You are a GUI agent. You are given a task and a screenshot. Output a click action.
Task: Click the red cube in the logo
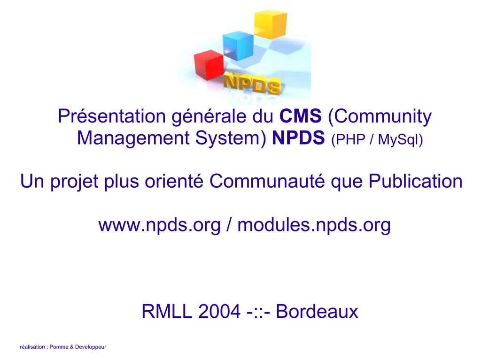point(209,65)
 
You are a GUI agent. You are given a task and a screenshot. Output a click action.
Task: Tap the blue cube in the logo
point(238,46)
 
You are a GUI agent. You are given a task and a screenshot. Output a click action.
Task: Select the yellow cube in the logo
point(271,24)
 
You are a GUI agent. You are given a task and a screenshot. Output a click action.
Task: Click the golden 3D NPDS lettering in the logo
point(252,84)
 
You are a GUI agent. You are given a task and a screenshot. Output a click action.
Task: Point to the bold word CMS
point(300,116)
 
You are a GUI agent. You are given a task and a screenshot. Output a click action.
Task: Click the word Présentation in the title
point(112,116)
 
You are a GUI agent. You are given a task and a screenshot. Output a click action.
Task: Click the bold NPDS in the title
point(298,138)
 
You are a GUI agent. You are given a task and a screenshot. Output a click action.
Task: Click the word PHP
point(351,139)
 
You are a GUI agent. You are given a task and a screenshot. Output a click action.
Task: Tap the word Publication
point(415,181)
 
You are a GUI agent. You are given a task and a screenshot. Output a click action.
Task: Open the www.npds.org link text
point(160,225)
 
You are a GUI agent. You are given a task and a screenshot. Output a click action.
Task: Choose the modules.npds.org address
point(314,225)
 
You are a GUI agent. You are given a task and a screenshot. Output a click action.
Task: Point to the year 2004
point(219,311)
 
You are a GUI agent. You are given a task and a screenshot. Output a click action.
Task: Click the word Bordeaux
point(317,311)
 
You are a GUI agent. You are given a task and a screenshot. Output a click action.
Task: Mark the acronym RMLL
point(167,311)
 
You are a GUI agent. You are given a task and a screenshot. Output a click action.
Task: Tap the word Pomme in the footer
point(59,347)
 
